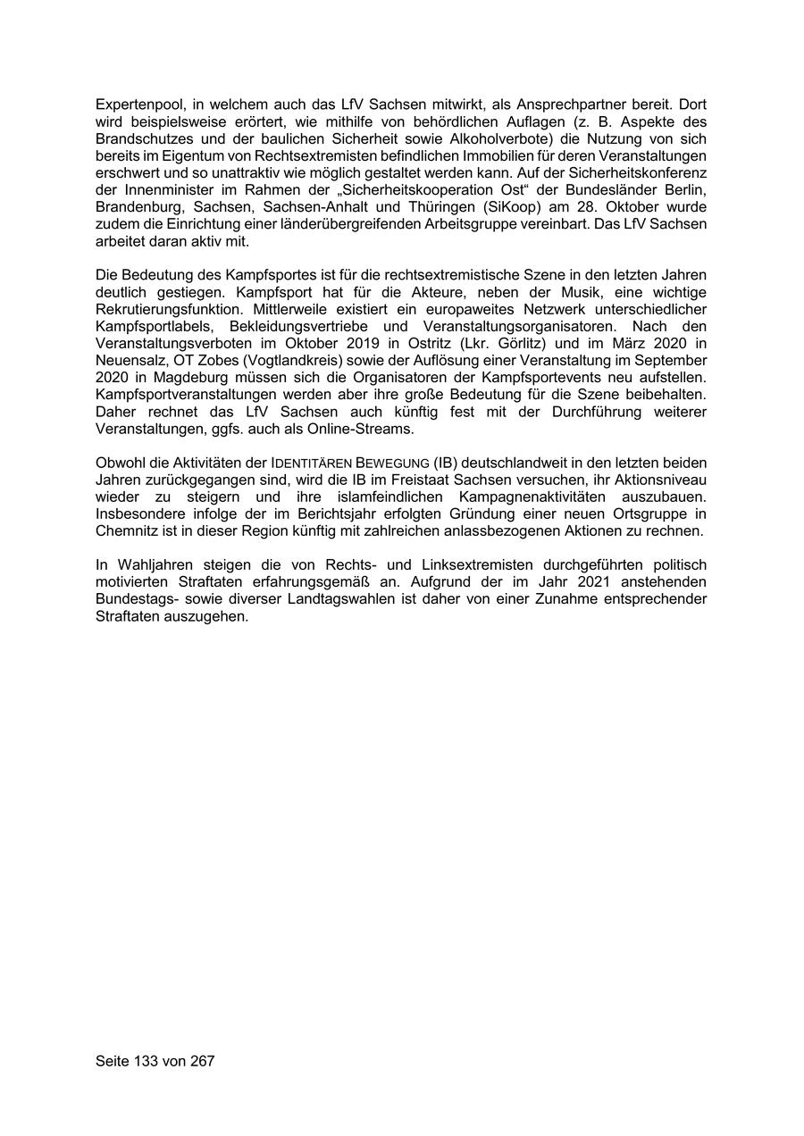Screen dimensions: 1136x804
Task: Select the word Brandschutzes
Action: [138, 139]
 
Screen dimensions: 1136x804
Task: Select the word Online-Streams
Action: [365, 429]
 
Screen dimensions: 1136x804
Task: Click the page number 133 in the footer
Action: [146, 1061]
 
